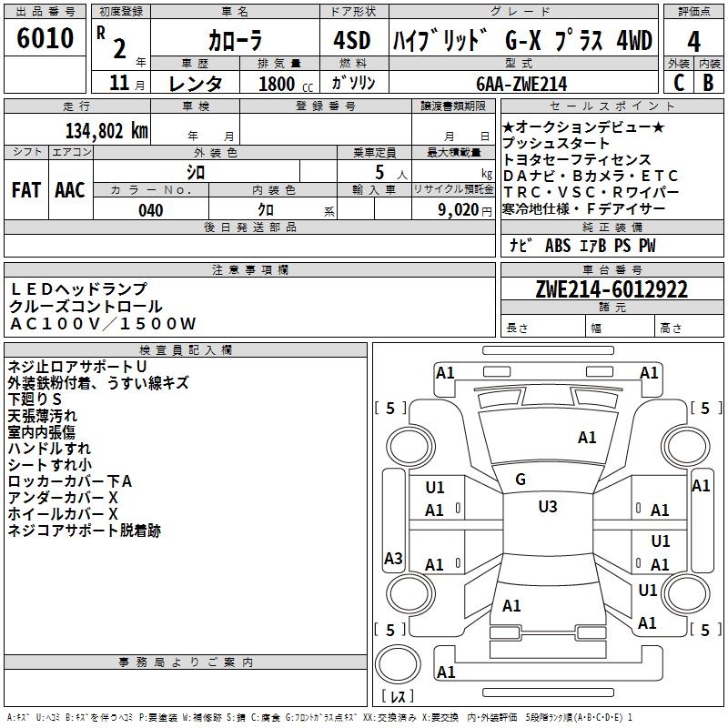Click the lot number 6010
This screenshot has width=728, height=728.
coord(45,39)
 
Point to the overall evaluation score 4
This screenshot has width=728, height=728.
coord(694,42)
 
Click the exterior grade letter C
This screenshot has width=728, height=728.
coord(678,83)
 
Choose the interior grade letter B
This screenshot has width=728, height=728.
coord(709,83)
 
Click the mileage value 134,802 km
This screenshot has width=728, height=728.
coord(106,130)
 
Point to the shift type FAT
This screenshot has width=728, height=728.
coord(25,190)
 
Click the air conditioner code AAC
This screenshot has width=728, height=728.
coord(69,190)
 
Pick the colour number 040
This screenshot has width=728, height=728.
coord(151,210)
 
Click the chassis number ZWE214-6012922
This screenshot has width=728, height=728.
coord(612,289)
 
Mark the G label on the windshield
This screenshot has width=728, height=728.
coord(521,480)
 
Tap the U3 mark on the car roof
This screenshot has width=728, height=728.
coord(547,506)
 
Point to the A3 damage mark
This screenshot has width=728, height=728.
coord(393,559)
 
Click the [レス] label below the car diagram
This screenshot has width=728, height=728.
coord(399,697)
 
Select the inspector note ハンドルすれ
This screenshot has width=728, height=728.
coord(49,449)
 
